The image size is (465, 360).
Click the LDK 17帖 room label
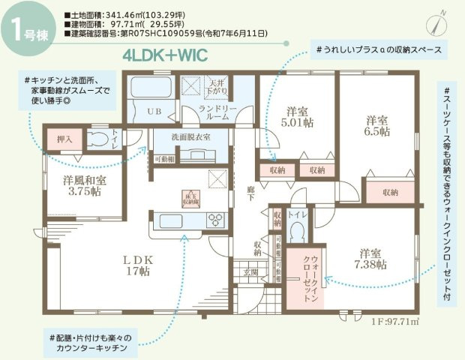pyautogui.click(x=139, y=266)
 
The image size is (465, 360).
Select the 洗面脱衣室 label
pyautogui.click(x=190, y=137)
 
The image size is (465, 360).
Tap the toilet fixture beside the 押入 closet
pyautogui.click(x=95, y=139)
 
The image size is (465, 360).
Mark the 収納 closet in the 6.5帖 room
pyautogui.click(x=390, y=192)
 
